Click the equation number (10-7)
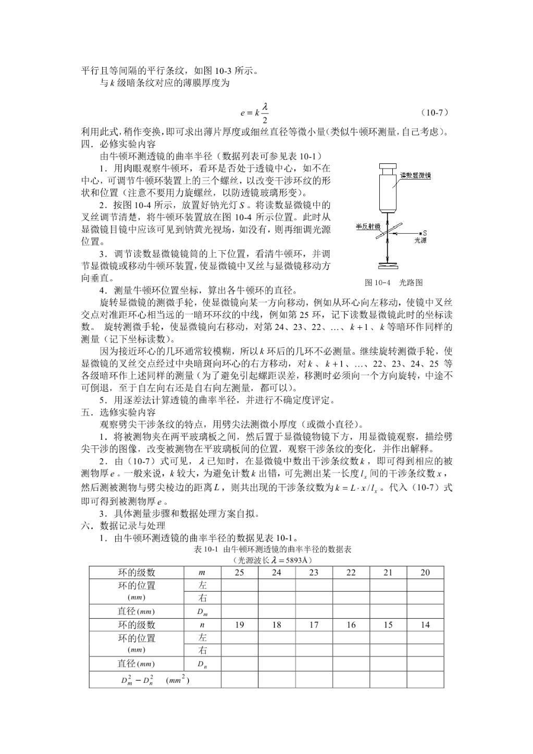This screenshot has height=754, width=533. pyautogui.click(x=434, y=112)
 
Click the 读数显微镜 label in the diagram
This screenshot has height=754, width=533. pyautogui.click(x=415, y=175)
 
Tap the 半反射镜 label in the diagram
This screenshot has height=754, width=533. pyautogui.click(x=368, y=226)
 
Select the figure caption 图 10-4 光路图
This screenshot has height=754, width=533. pyautogui.click(x=393, y=283)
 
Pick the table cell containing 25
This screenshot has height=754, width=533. pyautogui.click(x=239, y=572)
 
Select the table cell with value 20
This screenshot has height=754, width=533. pyautogui.click(x=425, y=572)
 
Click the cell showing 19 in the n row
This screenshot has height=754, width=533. pyautogui.click(x=239, y=625)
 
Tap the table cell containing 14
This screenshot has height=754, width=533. pyautogui.click(x=425, y=625)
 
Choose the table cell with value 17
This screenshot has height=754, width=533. pyautogui.click(x=314, y=625)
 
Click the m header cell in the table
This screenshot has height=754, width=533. pyautogui.click(x=202, y=572)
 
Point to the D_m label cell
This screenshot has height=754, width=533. pyautogui.click(x=202, y=612)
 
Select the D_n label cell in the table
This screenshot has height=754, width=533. pyautogui.click(x=202, y=664)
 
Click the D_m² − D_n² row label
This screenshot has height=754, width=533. pyautogui.click(x=155, y=680)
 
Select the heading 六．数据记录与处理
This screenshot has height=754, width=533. pyautogui.click(x=123, y=526)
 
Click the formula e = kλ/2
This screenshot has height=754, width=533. pyautogui.click(x=254, y=112)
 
